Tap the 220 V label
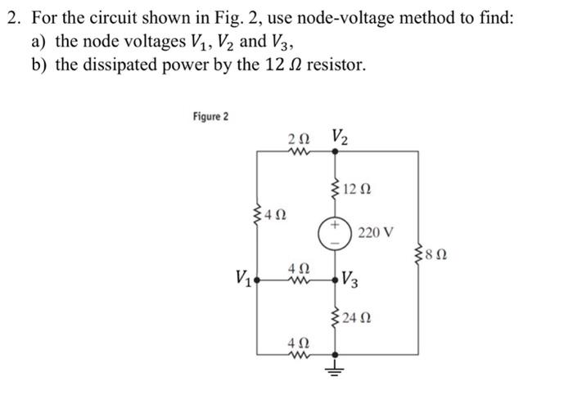coord(375,233)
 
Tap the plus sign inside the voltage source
coord(335,224)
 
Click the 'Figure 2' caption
coord(210,116)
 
